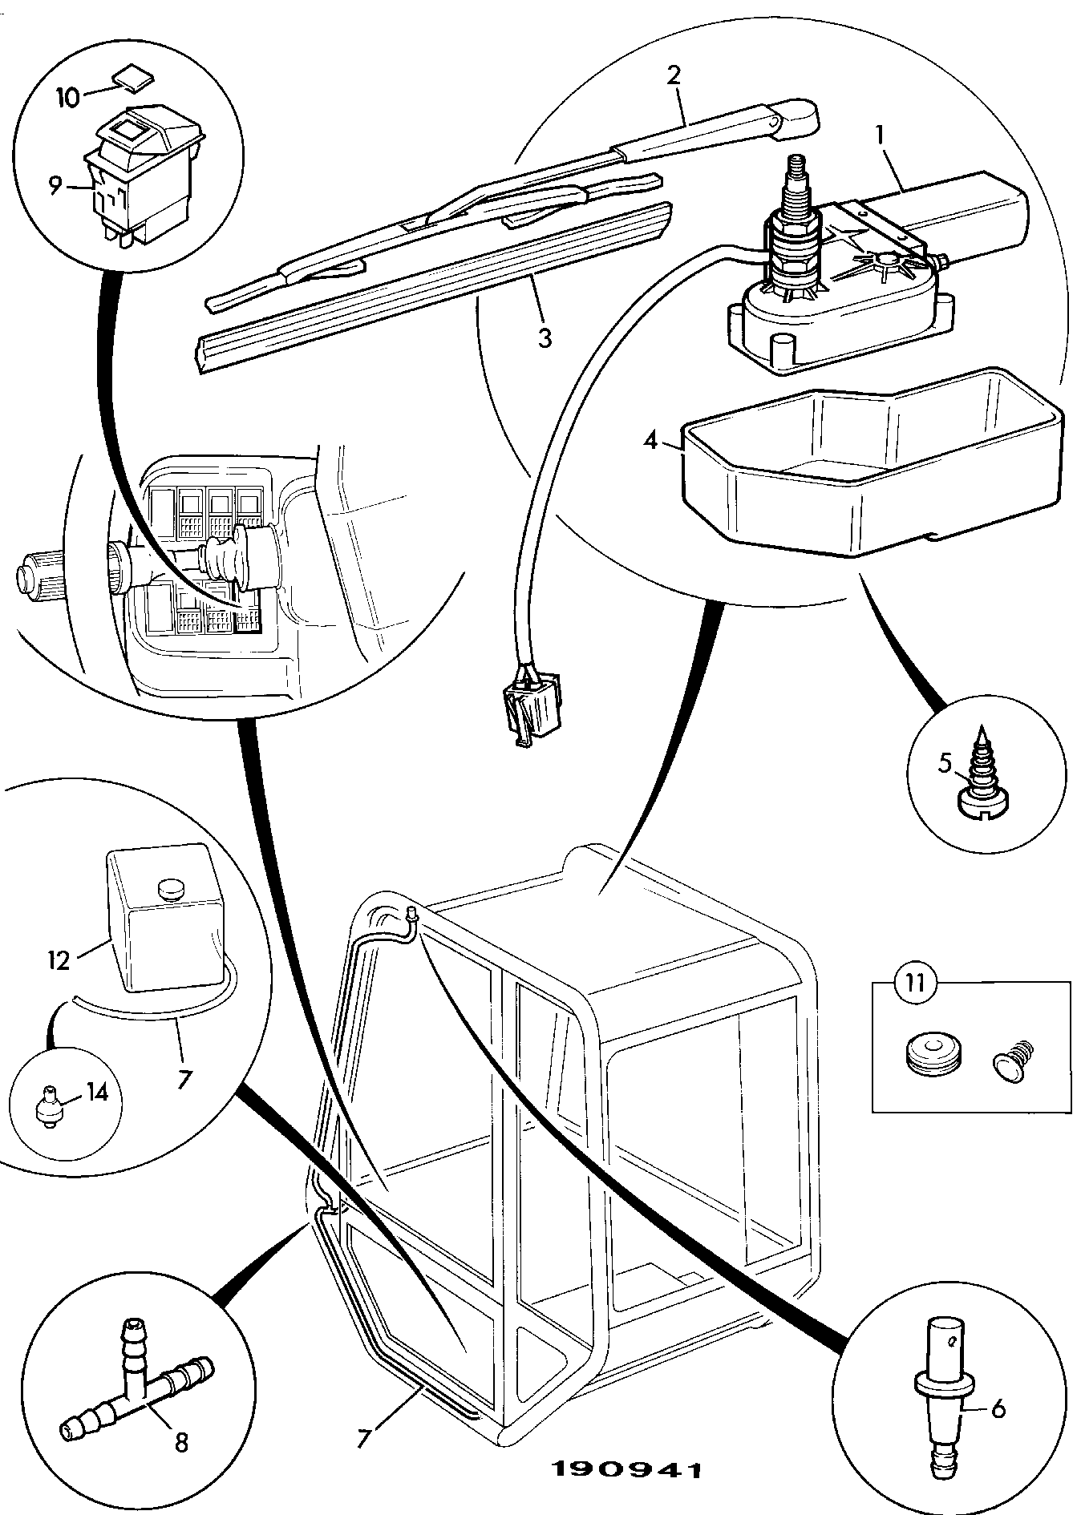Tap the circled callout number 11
[x=916, y=983]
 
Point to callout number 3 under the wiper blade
[x=545, y=337]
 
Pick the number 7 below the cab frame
[x=364, y=1440]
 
